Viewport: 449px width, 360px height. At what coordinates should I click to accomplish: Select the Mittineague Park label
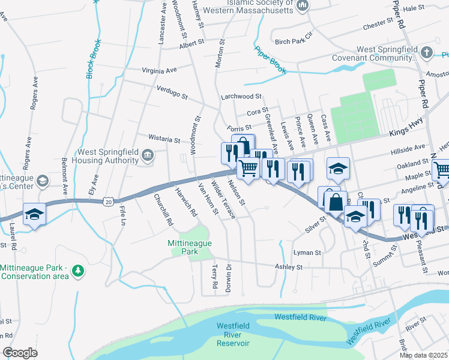click(x=190, y=248)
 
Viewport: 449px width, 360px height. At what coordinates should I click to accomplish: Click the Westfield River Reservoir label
click(x=232, y=334)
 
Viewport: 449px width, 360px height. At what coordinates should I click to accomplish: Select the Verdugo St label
click(x=172, y=95)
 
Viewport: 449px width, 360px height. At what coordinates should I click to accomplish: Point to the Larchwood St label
click(x=241, y=96)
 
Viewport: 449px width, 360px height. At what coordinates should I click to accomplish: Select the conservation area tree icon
click(x=77, y=271)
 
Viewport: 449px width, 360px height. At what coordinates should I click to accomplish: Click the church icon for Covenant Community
click(x=427, y=52)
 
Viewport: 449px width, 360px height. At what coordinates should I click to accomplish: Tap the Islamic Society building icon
click(x=303, y=5)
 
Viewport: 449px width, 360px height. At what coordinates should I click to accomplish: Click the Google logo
click(x=20, y=353)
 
